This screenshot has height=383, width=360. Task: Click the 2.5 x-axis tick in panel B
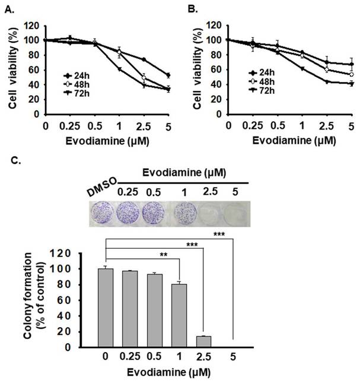[326, 126]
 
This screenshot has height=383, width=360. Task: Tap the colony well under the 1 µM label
[185, 213]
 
